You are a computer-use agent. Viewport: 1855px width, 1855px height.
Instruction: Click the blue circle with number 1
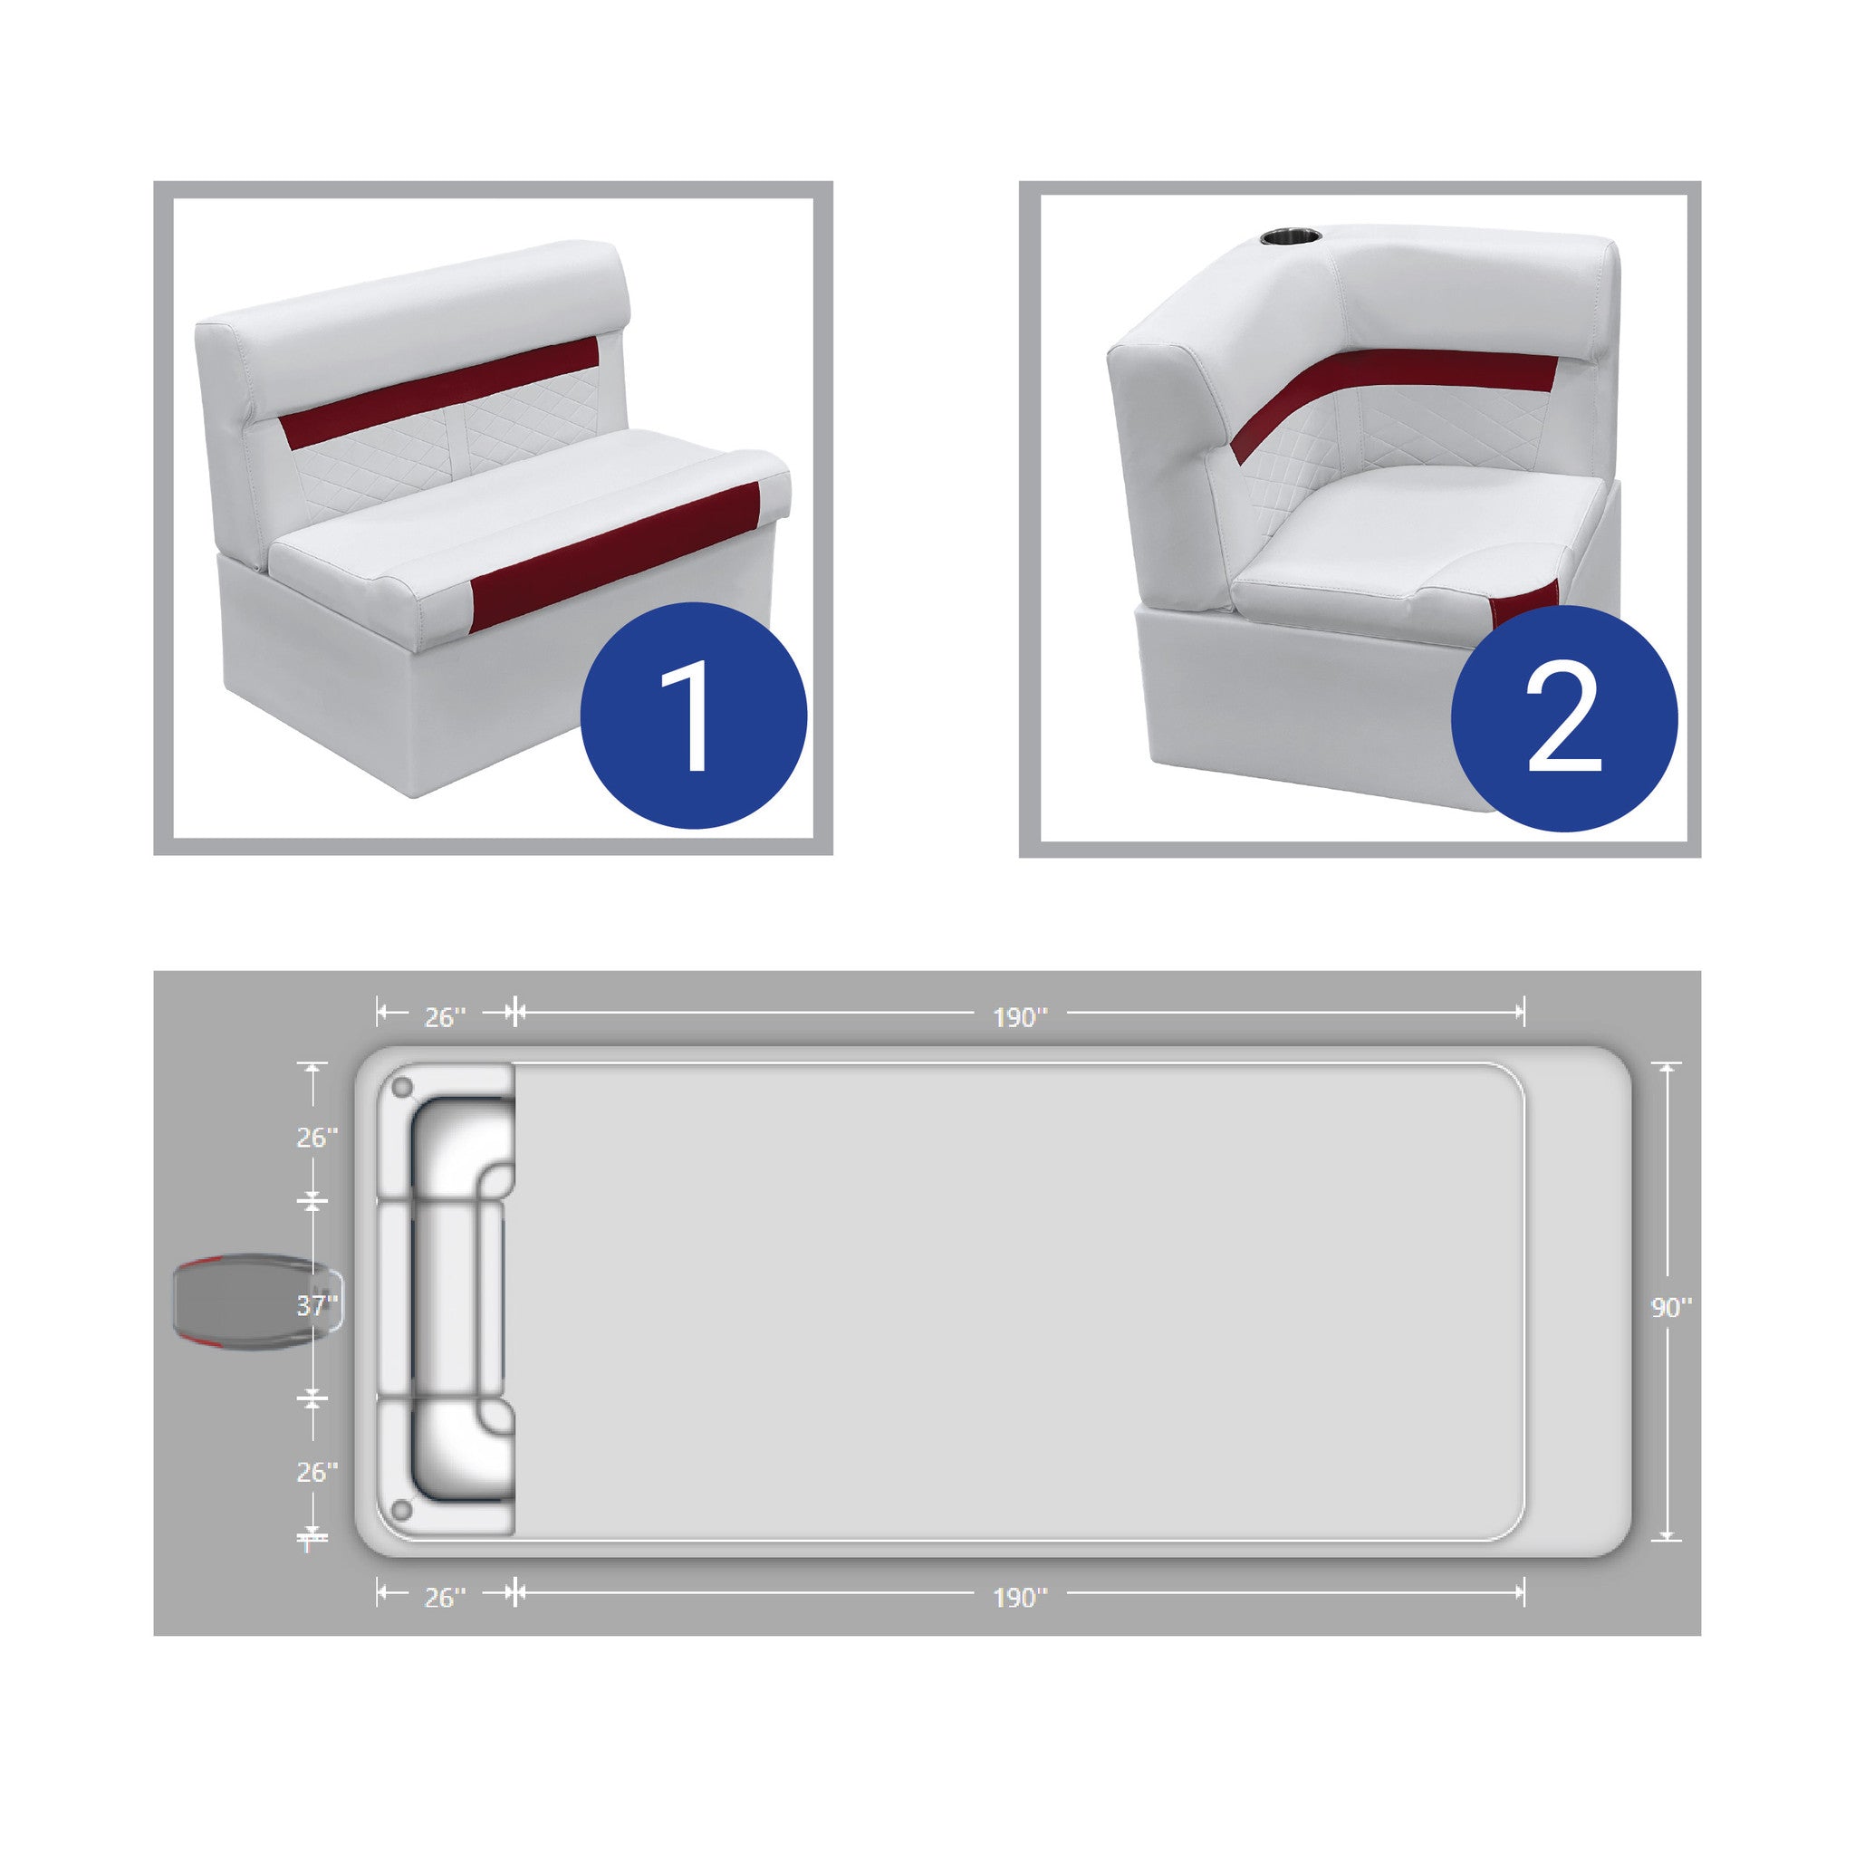[693, 716]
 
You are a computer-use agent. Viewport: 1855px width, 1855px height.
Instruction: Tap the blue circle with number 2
[1564, 718]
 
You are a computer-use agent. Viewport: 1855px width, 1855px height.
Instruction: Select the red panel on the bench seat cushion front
[614, 557]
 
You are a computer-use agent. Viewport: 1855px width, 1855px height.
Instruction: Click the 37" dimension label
[317, 1305]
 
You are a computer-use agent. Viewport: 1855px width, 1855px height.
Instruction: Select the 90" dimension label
[1672, 1307]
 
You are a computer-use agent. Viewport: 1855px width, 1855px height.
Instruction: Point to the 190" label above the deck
[1020, 1017]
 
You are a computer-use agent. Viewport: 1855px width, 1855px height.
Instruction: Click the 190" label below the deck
[1020, 1597]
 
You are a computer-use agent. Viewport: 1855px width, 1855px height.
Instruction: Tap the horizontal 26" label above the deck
[446, 1017]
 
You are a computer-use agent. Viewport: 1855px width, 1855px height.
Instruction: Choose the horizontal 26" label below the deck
[446, 1597]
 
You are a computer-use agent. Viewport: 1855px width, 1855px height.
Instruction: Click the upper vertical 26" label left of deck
[317, 1137]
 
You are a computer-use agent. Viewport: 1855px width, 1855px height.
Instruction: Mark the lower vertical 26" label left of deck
[317, 1472]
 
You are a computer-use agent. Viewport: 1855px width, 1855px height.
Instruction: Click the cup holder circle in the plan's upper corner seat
[402, 1088]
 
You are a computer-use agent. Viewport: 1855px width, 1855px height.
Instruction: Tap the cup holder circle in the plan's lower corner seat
[402, 1510]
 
